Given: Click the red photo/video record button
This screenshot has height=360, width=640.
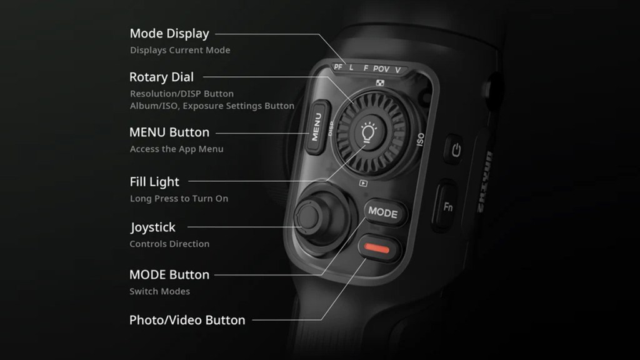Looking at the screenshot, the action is click(x=377, y=248).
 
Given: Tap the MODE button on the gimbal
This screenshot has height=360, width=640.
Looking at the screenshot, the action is click(x=384, y=212).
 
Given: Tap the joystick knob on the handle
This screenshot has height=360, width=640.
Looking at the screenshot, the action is click(x=308, y=216).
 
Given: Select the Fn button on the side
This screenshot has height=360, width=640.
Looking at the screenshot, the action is click(x=447, y=206).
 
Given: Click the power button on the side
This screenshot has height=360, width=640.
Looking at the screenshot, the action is click(x=456, y=150).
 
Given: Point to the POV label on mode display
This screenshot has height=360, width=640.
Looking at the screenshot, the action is click(x=381, y=69).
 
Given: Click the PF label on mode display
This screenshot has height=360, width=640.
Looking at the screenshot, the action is click(x=338, y=66).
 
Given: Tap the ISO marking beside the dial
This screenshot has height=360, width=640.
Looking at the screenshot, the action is click(x=421, y=139).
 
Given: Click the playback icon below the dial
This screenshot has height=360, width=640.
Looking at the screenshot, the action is click(x=363, y=184).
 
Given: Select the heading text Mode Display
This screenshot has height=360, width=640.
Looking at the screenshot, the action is click(x=169, y=34).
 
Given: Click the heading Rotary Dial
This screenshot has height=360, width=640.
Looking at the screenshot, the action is click(x=162, y=77).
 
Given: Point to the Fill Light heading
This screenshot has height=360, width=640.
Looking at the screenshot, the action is click(x=154, y=182).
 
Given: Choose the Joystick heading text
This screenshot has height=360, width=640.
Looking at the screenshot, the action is click(x=152, y=227).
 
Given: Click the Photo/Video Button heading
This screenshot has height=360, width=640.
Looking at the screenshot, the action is click(x=187, y=320).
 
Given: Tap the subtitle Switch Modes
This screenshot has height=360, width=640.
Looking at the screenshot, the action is click(x=159, y=291).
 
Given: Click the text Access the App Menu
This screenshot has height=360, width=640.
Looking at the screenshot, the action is click(x=177, y=149).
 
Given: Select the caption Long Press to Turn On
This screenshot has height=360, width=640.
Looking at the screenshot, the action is click(x=179, y=198).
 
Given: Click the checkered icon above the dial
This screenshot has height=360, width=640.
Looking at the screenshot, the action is click(x=380, y=83).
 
